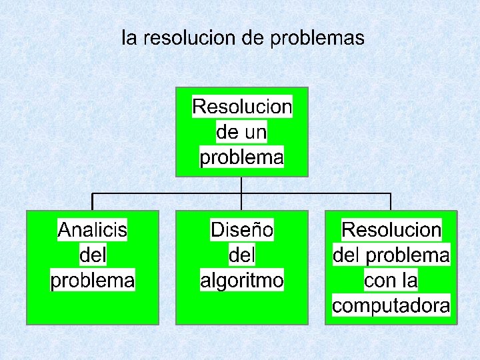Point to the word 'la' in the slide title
tap(129, 38)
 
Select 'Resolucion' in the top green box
tap(242, 106)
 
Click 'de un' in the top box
tap(241, 132)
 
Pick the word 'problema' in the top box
tap(242, 158)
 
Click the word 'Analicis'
tap(93, 230)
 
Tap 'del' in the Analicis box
tap(93, 255)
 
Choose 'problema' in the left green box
tap(93, 280)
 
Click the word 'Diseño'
tap(242, 230)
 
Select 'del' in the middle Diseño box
tap(242, 255)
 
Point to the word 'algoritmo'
tap(242, 280)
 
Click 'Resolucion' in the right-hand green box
tap(391, 230)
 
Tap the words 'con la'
tap(391, 281)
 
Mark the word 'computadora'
tap(391, 306)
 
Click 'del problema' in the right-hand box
tap(391, 255)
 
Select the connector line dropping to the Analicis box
tap(93, 202)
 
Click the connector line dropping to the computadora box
tap(391, 202)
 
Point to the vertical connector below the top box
tap(241, 185)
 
